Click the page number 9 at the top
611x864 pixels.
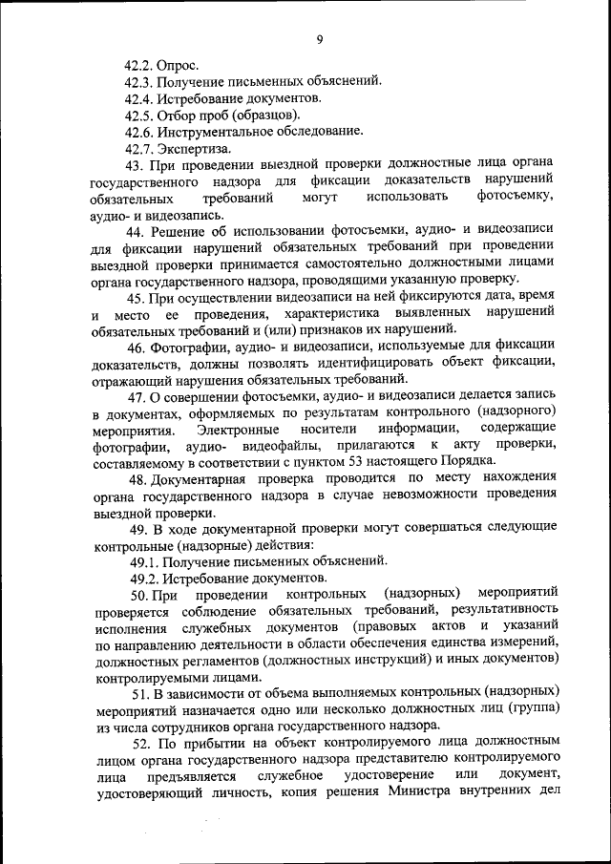[x=320, y=39]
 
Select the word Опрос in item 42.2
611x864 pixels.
[x=181, y=65]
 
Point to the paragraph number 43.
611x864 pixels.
[x=137, y=165]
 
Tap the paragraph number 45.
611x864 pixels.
[x=137, y=297]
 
